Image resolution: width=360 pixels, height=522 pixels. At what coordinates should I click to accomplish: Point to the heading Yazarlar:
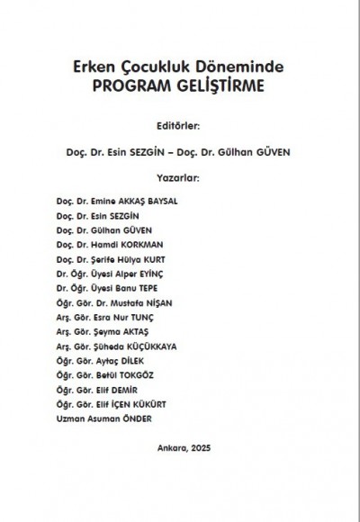coord(180,177)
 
